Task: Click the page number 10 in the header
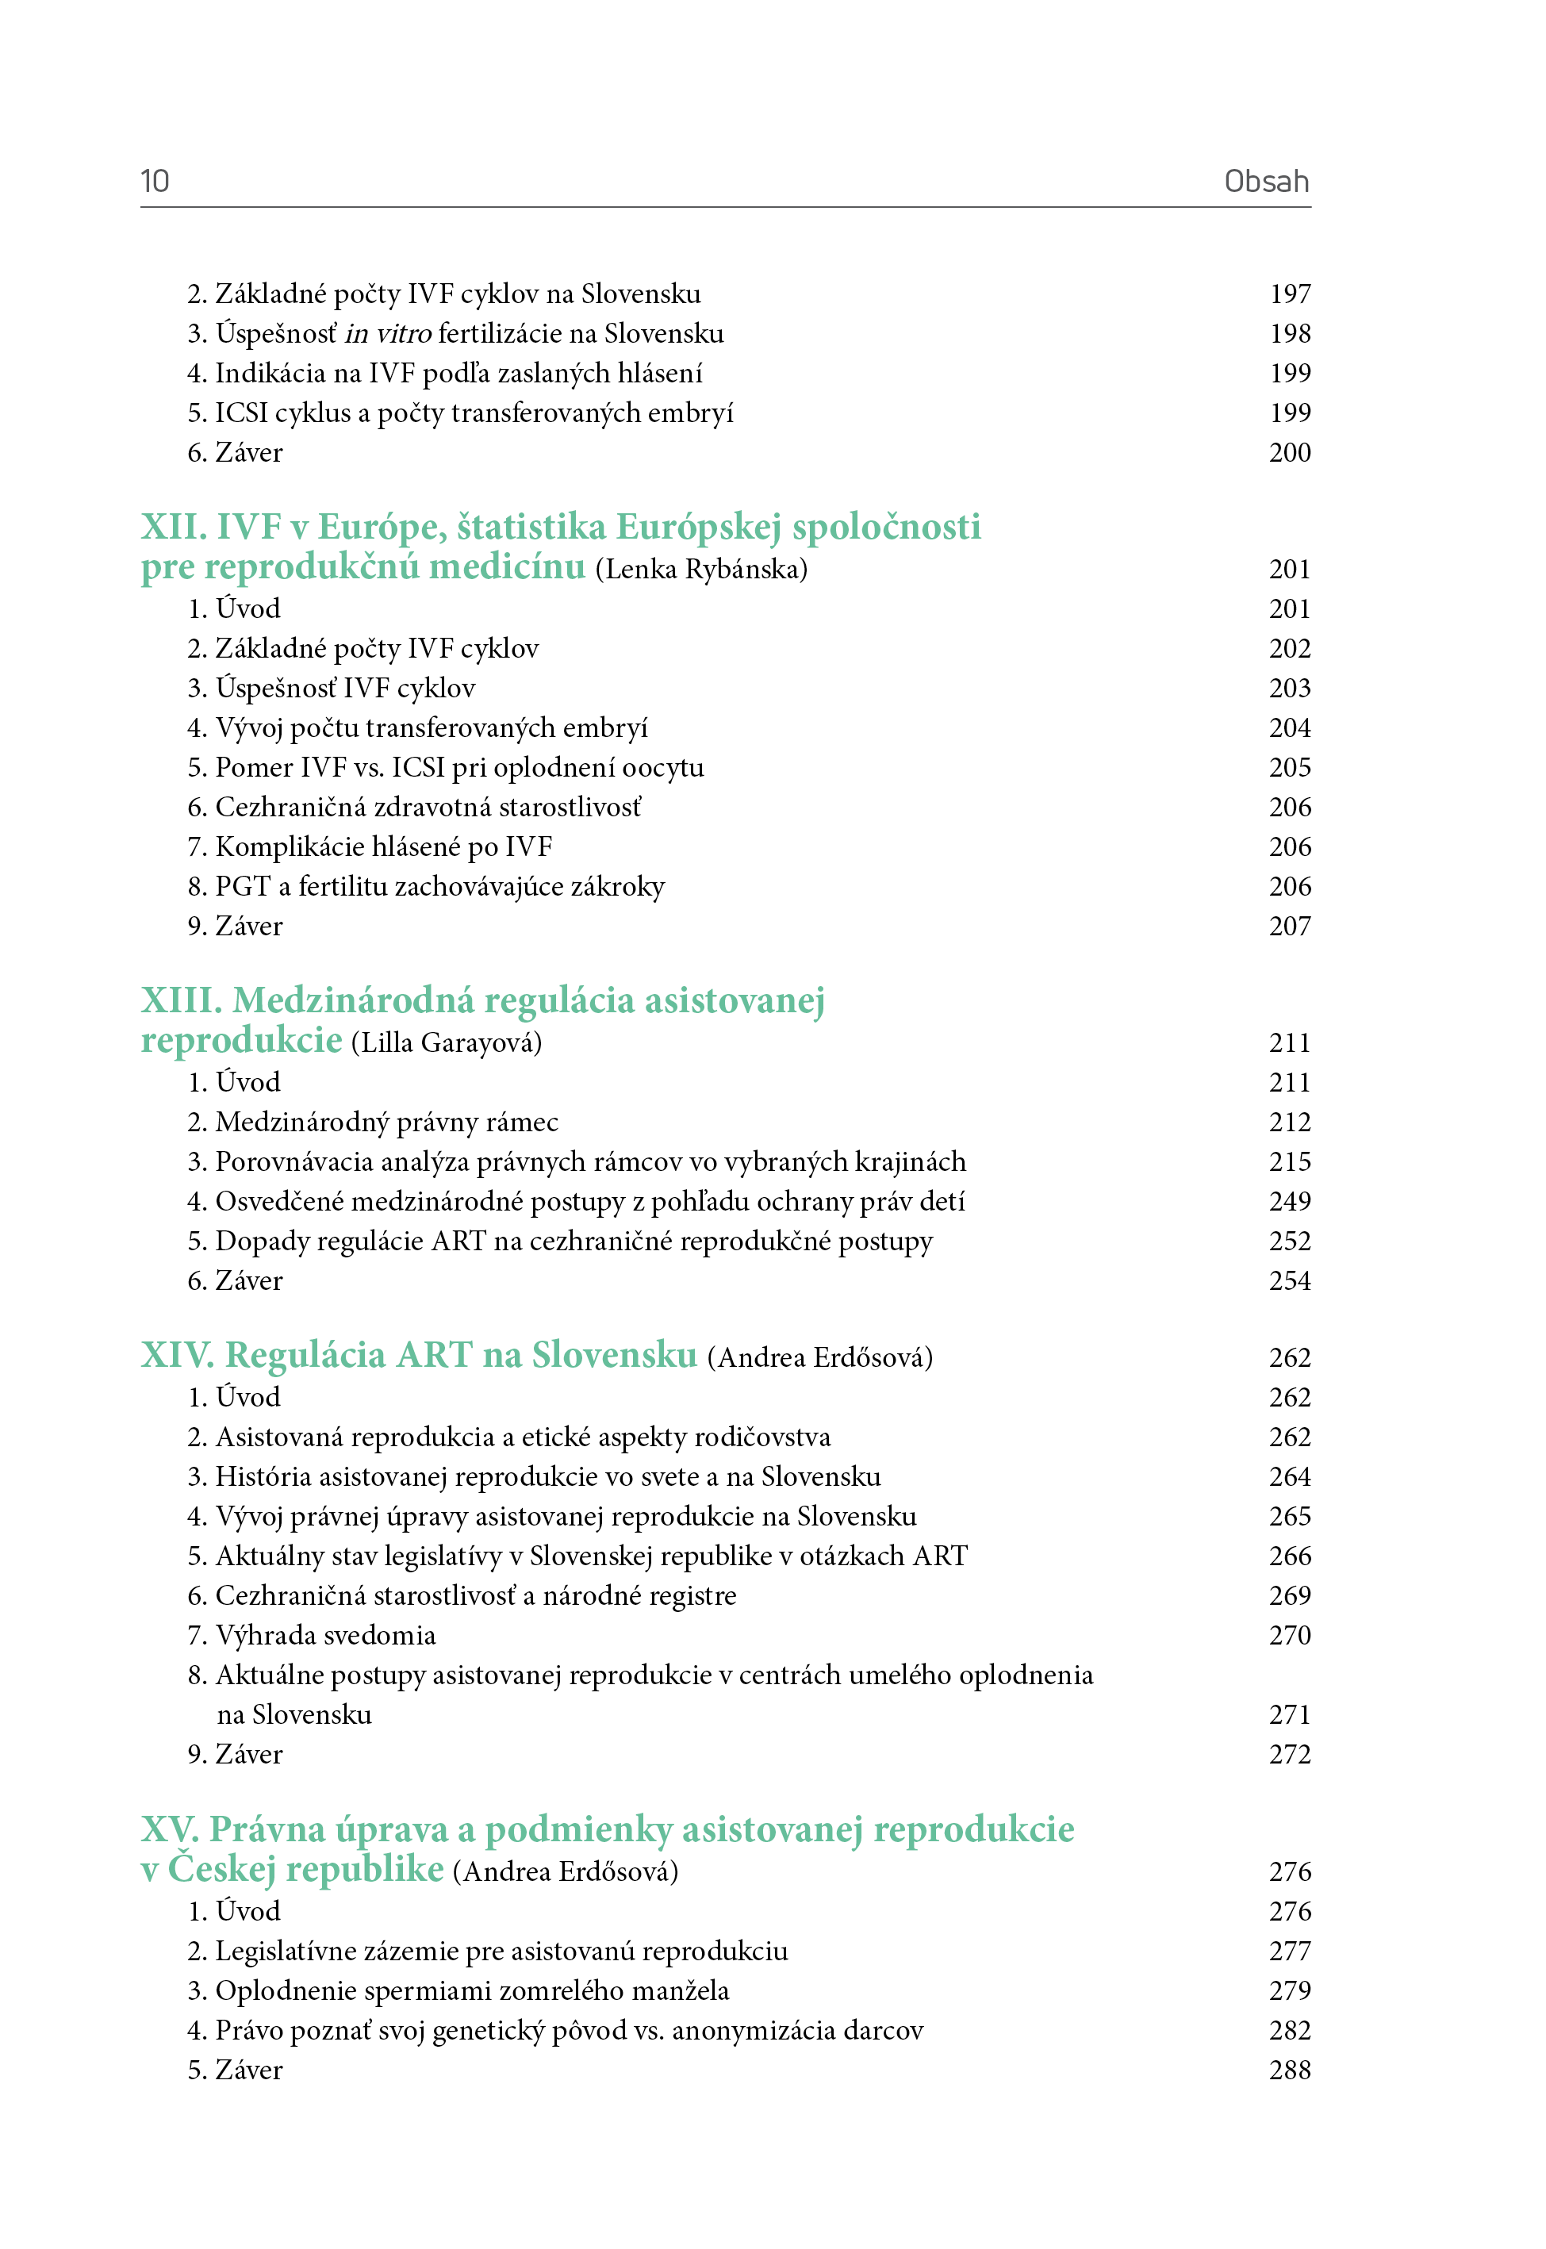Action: point(155,181)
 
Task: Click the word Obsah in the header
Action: point(1266,181)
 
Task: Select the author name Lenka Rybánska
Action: point(701,569)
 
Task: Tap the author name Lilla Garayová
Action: point(447,1042)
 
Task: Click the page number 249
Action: point(1289,1201)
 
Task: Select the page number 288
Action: point(1289,2070)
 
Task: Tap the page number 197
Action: point(1289,294)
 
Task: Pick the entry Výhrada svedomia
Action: point(325,1635)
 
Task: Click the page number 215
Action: point(1289,1161)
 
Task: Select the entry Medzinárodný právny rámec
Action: point(386,1122)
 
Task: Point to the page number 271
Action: point(1289,1714)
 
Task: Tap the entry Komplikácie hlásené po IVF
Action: point(384,846)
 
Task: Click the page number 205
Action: point(1289,767)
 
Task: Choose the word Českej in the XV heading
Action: point(223,1869)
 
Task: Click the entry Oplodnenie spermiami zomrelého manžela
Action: point(472,1990)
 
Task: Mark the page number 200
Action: point(1289,452)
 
